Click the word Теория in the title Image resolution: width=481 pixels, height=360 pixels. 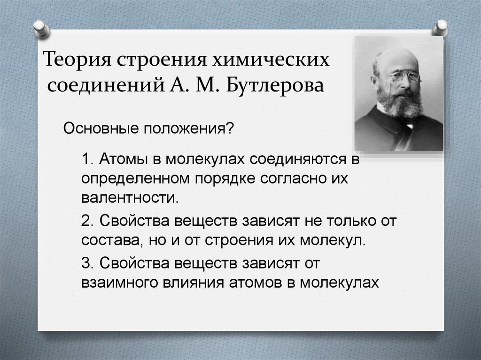77,60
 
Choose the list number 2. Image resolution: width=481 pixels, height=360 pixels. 87,221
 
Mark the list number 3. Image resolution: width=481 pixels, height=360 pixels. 87,263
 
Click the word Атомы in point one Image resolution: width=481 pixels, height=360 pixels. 124,159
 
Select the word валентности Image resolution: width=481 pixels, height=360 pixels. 130,198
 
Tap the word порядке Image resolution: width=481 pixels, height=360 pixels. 225,179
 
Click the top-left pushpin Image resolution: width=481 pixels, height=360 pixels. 41,29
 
